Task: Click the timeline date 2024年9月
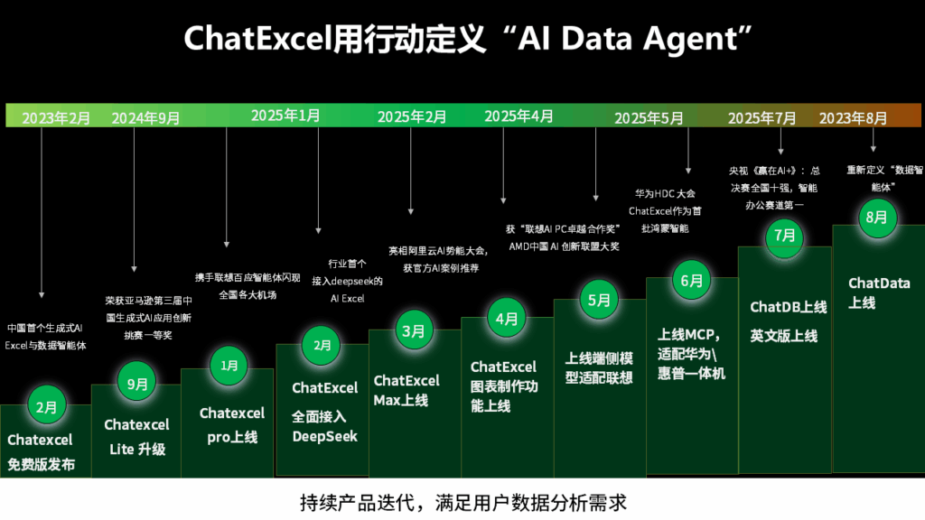145,118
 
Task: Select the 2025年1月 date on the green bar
285,116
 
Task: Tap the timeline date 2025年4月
519,116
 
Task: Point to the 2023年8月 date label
853,118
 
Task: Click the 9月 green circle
137,384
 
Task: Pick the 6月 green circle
691,281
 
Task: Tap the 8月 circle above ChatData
877,217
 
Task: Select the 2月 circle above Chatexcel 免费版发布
47,407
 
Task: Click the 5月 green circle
599,300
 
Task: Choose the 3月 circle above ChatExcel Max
414,330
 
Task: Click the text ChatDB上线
788,307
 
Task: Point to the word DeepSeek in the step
324,436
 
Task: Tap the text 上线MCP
688,335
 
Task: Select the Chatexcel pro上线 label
232,425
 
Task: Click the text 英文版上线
784,336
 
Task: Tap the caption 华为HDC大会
666,193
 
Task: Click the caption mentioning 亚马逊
149,318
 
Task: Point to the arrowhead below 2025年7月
781,152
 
